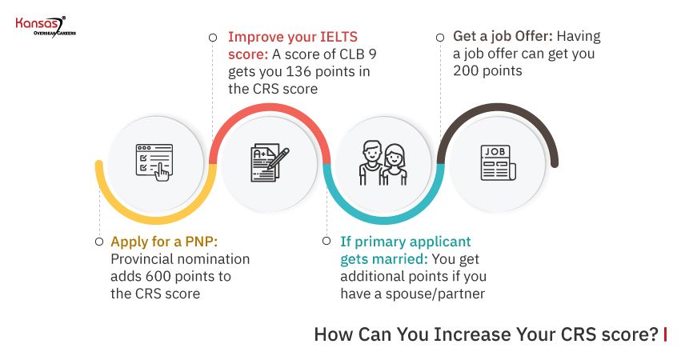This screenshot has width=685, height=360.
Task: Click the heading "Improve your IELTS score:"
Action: click(x=292, y=45)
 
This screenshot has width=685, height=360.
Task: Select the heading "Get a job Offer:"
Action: click(x=503, y=36)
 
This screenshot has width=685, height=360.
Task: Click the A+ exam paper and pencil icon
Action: click(x=269, y=164)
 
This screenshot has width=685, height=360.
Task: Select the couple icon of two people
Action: click(x=383, y=163)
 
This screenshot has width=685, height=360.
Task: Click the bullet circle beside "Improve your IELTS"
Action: click(x=212, y=37)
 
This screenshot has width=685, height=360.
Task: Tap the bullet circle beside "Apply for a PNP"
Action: click(x=98, y=241)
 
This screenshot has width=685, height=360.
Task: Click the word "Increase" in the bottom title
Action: click(x=465, y=334)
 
